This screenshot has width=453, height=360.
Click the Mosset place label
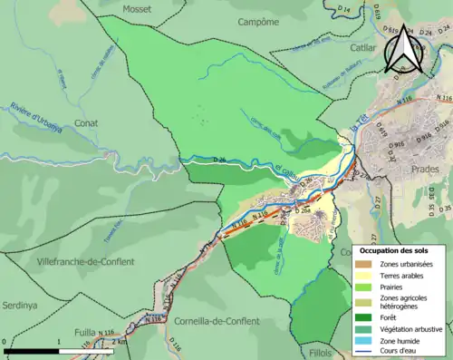[138, 7]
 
